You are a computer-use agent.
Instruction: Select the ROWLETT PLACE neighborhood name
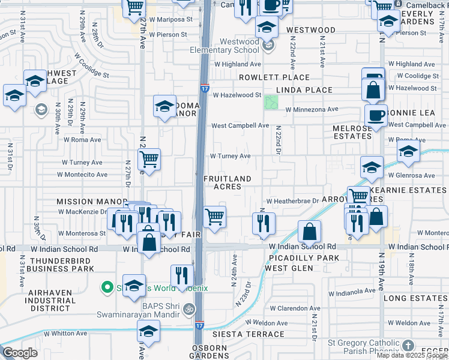[274, 77]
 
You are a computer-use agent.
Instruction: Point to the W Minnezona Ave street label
[312, 110]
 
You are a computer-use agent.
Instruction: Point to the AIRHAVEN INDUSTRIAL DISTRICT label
[41, 301]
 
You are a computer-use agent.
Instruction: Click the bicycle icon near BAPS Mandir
[189, 310]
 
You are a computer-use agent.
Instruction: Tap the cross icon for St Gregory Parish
[408, 346]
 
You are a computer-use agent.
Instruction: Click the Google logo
[20, 353]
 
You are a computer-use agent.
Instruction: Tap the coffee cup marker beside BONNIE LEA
[376, 116]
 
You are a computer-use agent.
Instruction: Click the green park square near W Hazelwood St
[272, 102]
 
